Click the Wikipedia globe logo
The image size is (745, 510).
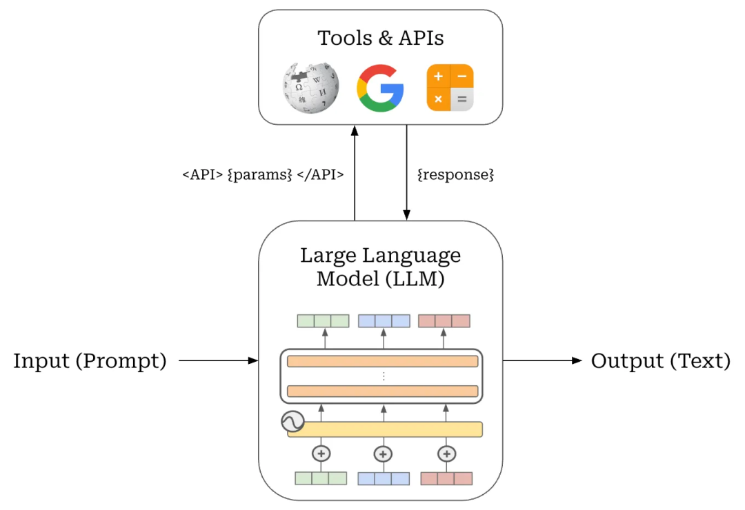[310, 88]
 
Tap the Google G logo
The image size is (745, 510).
[380, 88]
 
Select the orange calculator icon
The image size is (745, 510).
[450, 88]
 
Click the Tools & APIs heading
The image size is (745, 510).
[380, 38]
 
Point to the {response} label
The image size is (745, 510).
[456, 175]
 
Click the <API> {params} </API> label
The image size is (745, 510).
[263, 175]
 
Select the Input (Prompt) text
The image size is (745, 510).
[90, 360]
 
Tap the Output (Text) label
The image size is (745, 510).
[661, 360]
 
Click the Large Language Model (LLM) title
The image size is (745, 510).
[380, 267]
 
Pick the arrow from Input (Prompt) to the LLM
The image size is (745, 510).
[218, 360]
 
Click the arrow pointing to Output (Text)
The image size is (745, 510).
[542, 360]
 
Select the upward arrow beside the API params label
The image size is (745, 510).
[355, 172]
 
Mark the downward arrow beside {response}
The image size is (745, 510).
[406, 172]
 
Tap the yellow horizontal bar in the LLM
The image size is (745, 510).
[384, 429]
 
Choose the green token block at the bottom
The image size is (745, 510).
[321, 478]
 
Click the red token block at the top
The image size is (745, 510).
[444, 321]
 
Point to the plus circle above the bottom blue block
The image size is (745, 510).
[384, 454]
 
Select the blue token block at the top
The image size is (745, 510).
[384, 321]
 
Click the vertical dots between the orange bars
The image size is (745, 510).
[384, 376]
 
